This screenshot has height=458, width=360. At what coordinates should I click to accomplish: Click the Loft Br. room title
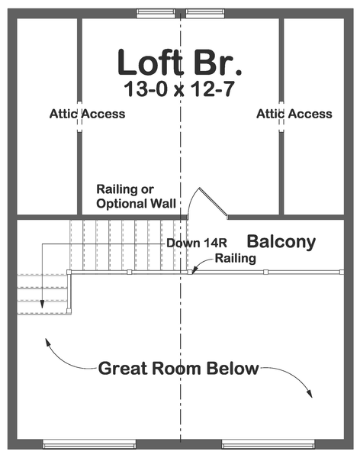[x=179, y=63]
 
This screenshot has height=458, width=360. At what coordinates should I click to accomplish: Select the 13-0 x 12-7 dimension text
[x=179, y=89]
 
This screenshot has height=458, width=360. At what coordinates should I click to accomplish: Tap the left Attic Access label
[x=87, y=114]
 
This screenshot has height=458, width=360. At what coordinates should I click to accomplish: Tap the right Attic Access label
[x=294, y=114]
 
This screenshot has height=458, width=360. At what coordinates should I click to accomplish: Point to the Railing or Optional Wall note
[x=136, y=196]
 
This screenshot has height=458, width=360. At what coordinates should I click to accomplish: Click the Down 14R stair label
[x=197, y=243]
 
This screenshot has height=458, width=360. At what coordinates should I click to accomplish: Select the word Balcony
[x=281, y=242]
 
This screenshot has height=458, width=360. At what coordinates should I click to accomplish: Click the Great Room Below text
[x=178, y=369]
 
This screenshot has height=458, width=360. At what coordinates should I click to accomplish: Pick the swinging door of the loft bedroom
[x=214, y=203]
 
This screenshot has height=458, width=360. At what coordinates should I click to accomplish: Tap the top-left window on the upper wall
[x=156, y=14]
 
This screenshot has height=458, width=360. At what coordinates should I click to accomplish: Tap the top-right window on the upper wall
[x=205, y=14]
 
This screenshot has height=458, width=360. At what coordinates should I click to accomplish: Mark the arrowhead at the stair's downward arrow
[x=42, y=304]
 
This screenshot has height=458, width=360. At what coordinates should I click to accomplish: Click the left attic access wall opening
[x=79, y=117]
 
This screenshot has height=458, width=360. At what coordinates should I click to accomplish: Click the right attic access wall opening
[x=281, y=117]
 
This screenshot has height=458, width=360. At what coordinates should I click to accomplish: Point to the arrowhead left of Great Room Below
[x=47, y=342]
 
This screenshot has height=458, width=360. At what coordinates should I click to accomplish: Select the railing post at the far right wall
[x=342, y=272]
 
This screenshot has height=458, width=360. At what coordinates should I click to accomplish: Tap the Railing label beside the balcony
[x=236, y=259]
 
